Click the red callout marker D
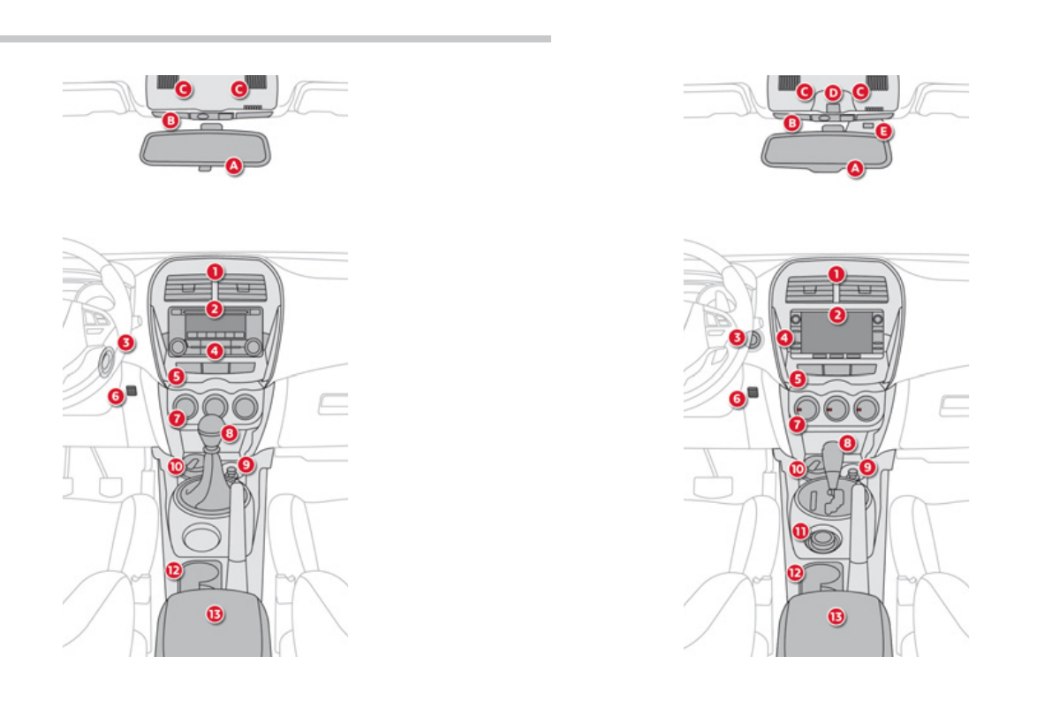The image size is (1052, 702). click(833, 92)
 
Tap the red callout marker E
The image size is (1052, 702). click(883, 132)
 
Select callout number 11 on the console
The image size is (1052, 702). click(800, 531)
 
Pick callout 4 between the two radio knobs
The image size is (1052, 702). click(215, 351)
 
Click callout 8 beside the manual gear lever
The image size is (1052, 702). click(230, 433)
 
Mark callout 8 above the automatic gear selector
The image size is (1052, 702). click(846, 441)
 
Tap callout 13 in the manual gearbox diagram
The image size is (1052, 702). click(214, 613)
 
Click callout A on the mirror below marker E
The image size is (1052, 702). click(854, 167)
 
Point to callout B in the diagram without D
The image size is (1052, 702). click(171, 119)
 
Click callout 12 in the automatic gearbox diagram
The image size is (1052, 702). click(795, 572)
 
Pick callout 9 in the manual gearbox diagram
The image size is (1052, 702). click(246, 464)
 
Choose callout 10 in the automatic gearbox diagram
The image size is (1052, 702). click(797, 470)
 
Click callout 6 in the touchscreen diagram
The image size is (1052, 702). click(738, 400)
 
